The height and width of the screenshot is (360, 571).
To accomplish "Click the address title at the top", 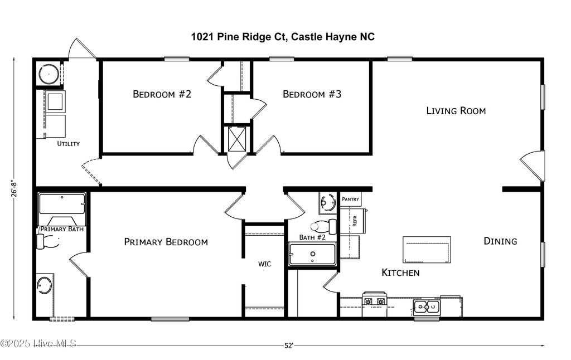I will click(283, 37).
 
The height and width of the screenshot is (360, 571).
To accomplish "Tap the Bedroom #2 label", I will click(162, 94).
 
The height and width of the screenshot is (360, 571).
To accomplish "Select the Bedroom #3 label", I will click(312, 94).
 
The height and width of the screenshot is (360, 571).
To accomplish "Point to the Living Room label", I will click(456, 111).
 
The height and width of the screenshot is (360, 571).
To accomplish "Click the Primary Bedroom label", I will click(166, 242).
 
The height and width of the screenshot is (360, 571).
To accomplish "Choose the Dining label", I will click(500, 241).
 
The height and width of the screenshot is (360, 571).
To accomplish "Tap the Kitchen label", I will click(400, 273).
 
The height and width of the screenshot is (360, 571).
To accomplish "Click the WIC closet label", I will click(264, 264).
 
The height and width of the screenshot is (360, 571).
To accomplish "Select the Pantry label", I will click(351, 199).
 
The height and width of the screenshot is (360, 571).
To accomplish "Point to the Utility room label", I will click(69, 144).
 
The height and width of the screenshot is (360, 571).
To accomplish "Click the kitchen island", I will click(427, 249).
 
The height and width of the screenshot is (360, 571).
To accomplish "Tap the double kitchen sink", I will click(427, 306).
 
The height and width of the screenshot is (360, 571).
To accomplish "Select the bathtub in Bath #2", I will click(312, 254).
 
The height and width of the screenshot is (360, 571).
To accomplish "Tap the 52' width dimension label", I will click(288, 346).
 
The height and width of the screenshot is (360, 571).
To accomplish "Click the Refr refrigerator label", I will click(354, 220).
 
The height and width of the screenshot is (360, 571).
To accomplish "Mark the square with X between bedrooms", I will click(237, 139).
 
